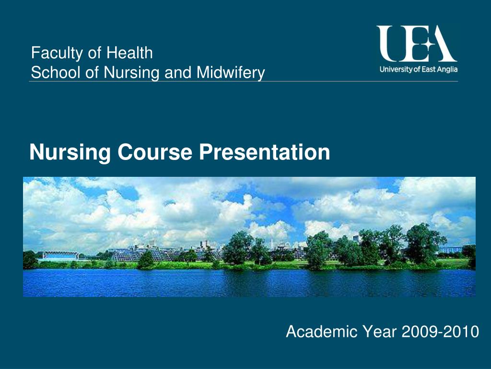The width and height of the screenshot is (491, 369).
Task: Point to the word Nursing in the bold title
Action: pos(70,153)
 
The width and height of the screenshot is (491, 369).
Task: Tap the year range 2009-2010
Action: pos(441,332)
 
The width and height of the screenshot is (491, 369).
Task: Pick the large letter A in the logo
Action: pos(443,44)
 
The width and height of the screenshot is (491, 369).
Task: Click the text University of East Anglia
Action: pos(418,69)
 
